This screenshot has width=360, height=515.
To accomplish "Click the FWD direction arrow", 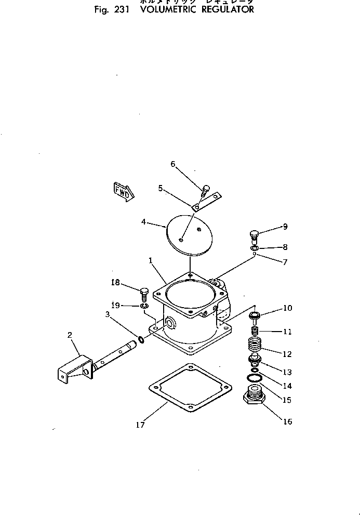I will [123, 190].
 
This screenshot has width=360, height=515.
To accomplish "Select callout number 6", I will [174, 164].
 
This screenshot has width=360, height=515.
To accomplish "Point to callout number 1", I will [150, 259].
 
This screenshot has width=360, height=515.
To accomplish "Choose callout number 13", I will [287, 372].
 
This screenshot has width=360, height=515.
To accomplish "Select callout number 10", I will [287, 308].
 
